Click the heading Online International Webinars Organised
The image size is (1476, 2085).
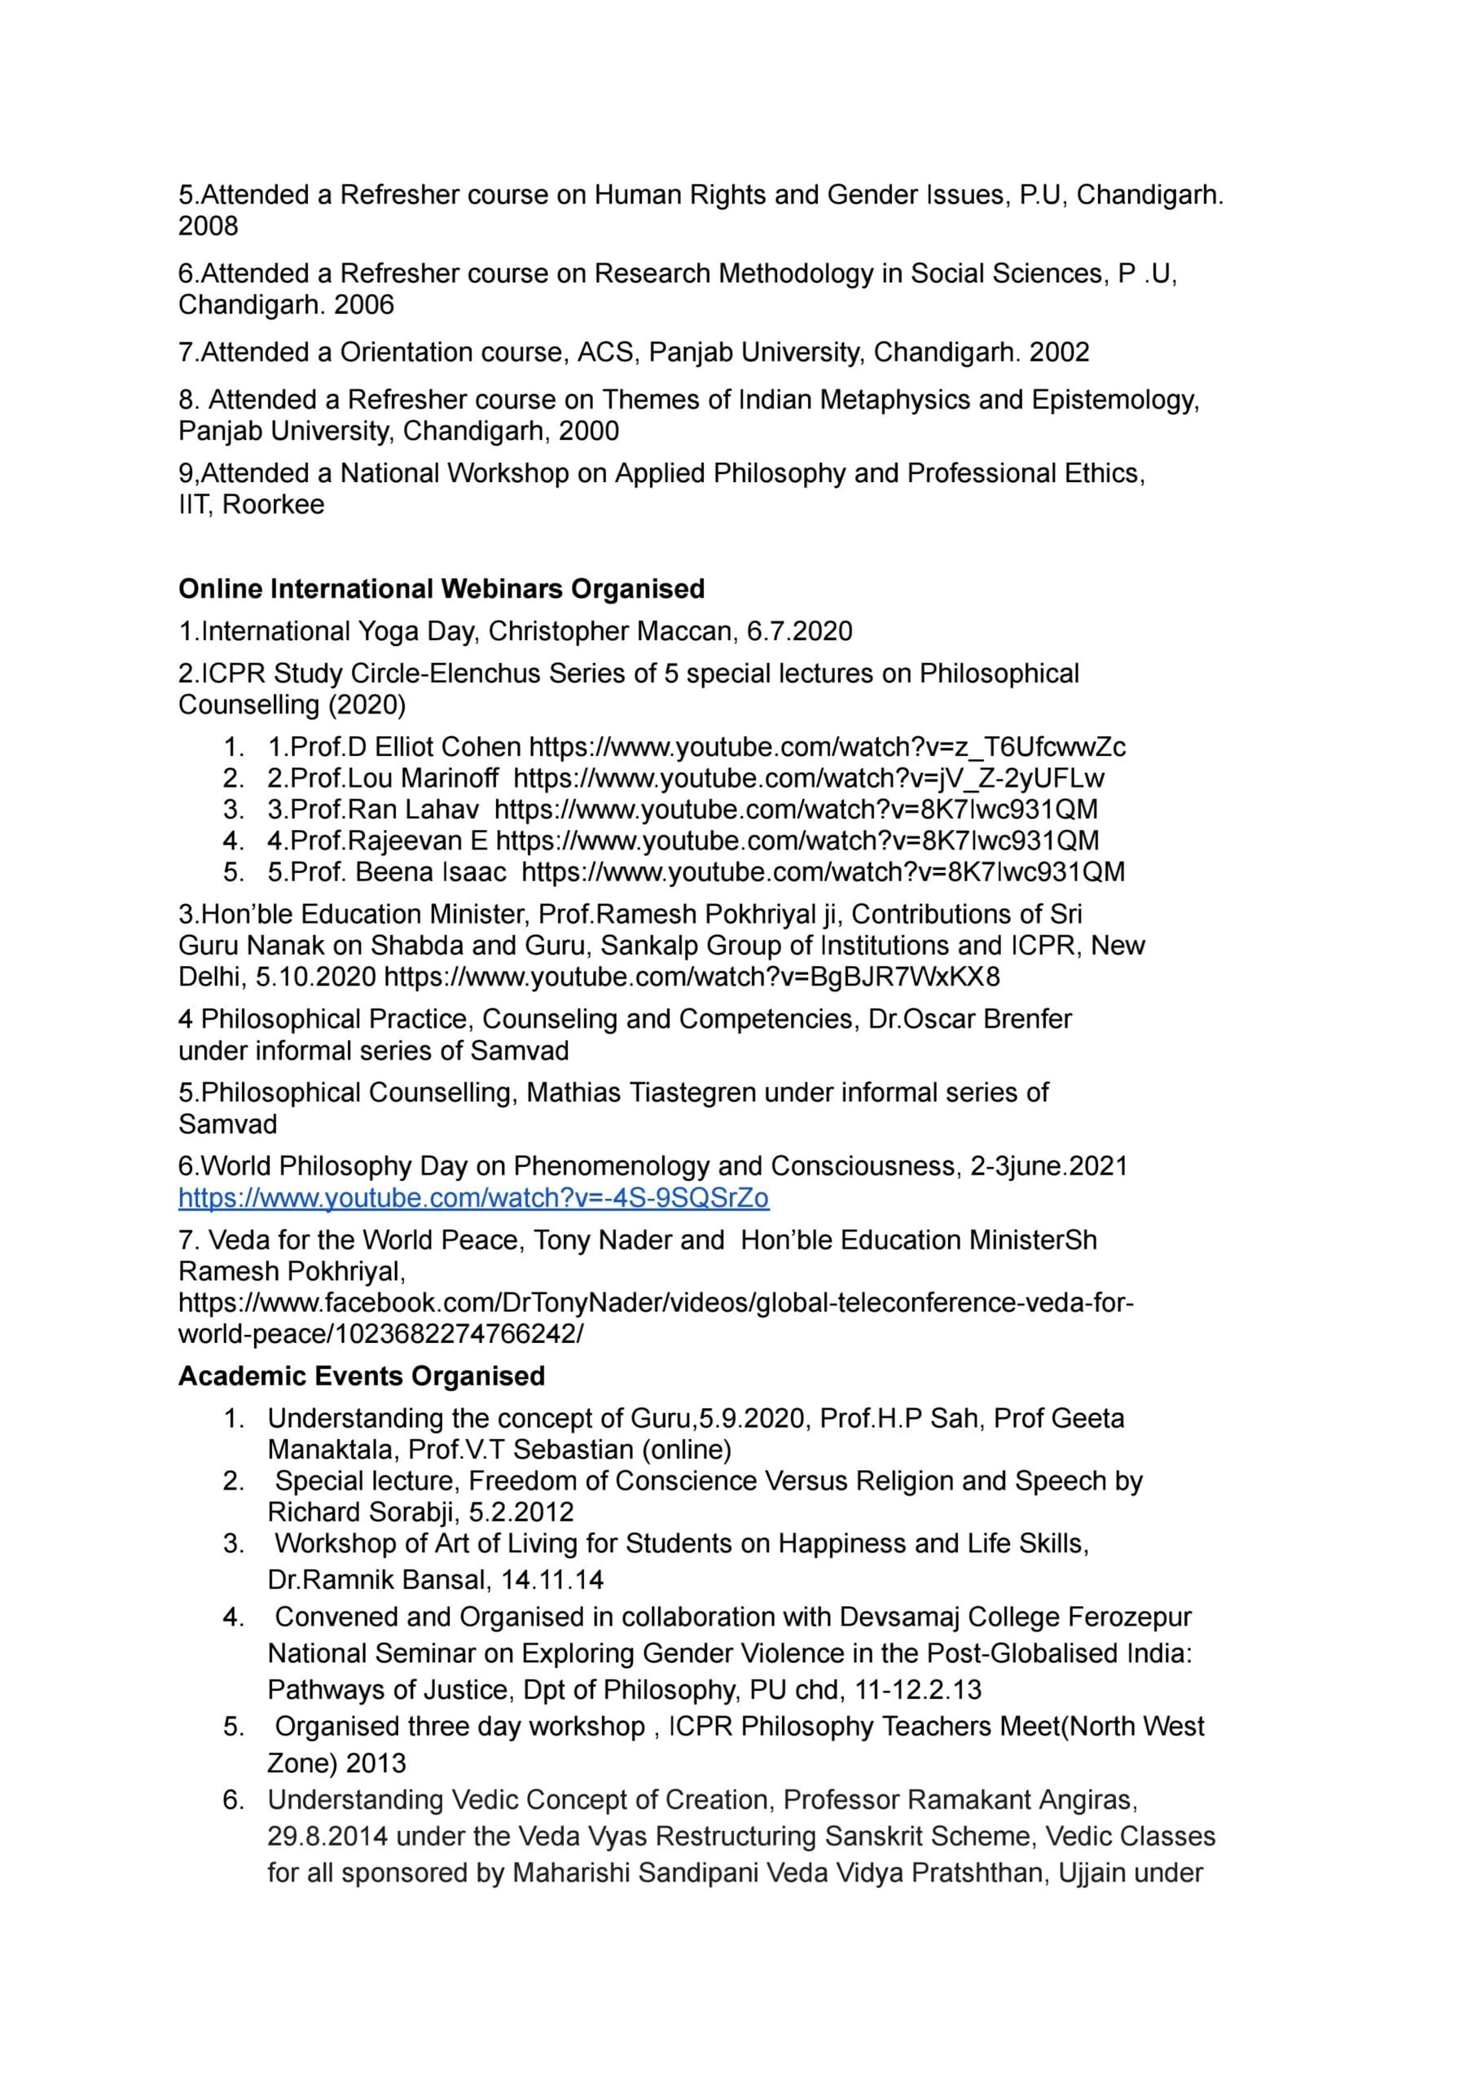441,589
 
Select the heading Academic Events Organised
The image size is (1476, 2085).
361,1376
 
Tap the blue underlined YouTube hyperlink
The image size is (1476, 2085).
472,1197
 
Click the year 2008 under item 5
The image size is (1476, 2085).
209,226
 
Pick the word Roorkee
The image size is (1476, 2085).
273,504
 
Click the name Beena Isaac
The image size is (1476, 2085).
430,871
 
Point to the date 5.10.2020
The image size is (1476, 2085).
315,977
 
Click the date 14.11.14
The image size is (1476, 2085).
551,1579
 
